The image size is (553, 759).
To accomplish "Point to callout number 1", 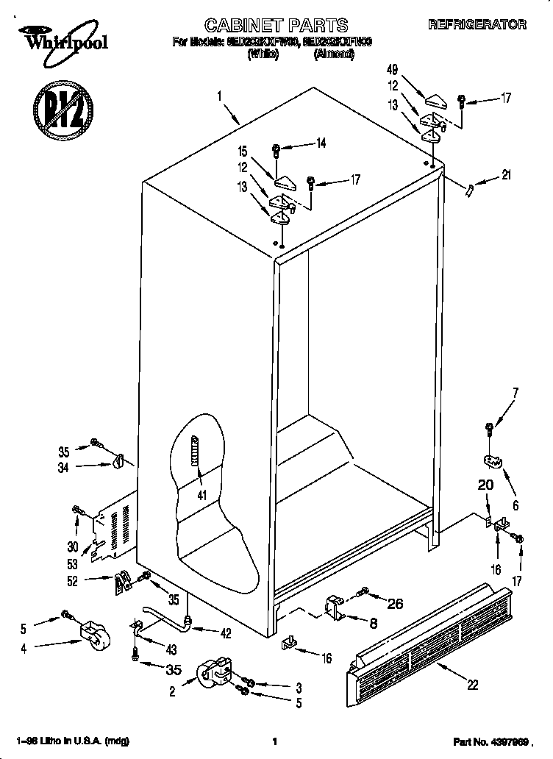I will [x=219, y=95].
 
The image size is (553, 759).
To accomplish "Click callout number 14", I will [x=320, y=144].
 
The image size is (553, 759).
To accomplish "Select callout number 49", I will [x=392, y=71].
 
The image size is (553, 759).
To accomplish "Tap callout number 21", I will [x=505, y=175].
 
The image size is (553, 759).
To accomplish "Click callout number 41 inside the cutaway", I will [x=201, y=495].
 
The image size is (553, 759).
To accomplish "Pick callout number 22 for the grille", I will [x=472, y=685].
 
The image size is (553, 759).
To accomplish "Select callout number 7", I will [x=515, y=393].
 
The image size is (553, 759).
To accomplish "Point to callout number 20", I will [x=485, y=485].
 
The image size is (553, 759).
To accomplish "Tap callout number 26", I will [x=395, y=605].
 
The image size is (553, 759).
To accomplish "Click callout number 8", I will [x=374, y=623].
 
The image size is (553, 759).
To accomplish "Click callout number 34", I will [x=65, y=466].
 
